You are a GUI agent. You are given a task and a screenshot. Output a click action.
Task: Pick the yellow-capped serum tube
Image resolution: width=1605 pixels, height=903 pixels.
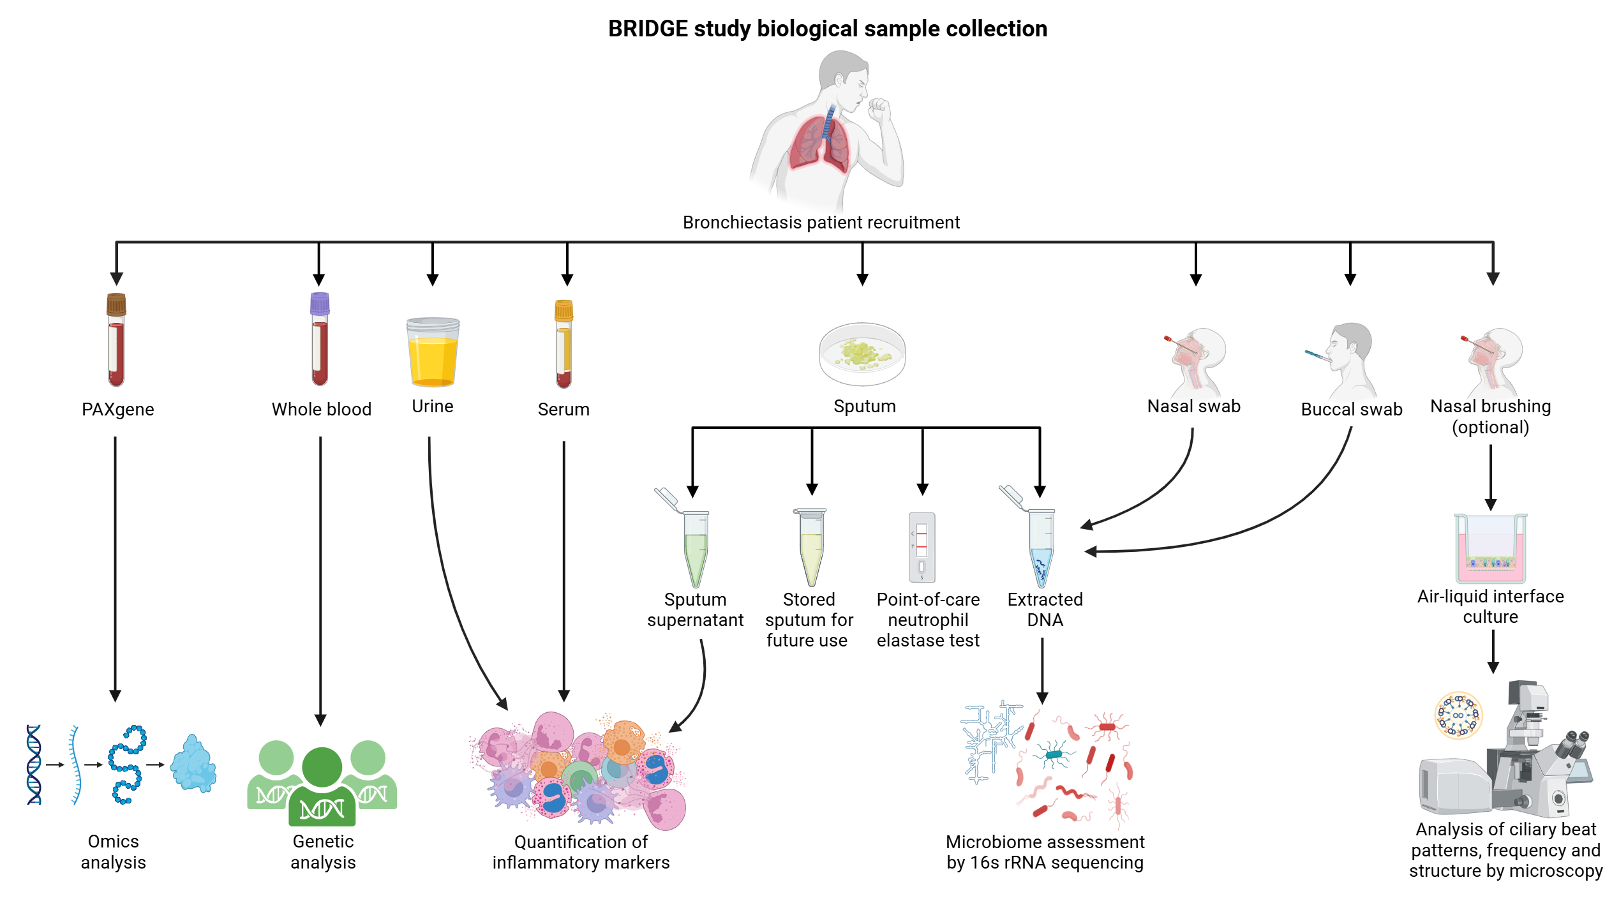[564, 344]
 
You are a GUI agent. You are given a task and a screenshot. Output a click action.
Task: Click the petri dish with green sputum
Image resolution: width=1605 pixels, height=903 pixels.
[862, 354]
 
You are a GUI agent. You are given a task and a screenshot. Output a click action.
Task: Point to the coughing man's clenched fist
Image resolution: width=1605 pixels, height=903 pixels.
[880, 109]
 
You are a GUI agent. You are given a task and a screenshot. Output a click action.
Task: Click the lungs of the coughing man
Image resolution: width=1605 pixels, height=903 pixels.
[819, 144]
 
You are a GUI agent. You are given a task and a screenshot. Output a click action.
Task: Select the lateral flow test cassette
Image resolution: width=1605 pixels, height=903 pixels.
[922, 548]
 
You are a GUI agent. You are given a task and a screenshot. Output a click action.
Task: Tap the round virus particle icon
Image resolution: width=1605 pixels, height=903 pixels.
[1458, 715]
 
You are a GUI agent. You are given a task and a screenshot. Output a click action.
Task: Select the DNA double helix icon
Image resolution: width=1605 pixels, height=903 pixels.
[34, 765]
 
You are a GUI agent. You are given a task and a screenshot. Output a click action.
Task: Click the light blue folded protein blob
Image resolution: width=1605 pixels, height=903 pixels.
[193, 765]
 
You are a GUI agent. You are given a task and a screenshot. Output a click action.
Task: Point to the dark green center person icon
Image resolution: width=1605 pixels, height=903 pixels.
[322, 788]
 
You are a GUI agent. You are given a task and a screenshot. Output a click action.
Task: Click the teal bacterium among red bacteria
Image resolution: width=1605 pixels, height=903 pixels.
[1054, 754]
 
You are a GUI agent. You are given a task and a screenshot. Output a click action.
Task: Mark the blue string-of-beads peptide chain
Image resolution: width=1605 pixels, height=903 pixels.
[126, 765]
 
